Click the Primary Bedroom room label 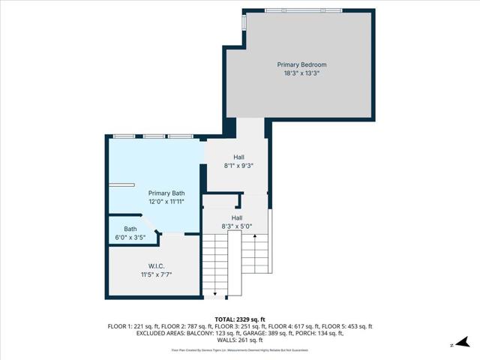[x=301, y=65]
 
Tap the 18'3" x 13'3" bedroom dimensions [x=301, y=73]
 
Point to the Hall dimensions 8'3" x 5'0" [x=236, y=226]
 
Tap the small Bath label [x=130, y=229]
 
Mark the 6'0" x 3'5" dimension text [x=130, y=237]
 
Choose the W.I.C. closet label [x=156, y=266]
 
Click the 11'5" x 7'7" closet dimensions [x=156, y=274]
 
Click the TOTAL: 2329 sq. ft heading [x=239, y=319]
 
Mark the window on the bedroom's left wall [x=243, y=23]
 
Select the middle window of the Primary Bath [x=155, y=136]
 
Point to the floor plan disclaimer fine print [x=239, y=349]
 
